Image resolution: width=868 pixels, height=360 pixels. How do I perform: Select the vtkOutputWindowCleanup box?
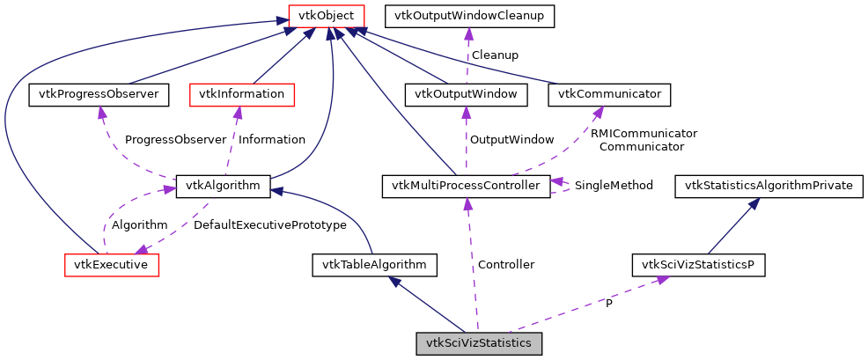[468, 15]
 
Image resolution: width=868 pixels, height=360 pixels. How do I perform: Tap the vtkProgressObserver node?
[99, 93]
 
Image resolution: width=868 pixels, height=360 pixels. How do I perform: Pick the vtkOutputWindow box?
[465, 93]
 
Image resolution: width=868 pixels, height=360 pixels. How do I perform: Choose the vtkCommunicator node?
[610, 93]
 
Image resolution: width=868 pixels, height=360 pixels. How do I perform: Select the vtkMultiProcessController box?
[466, 185]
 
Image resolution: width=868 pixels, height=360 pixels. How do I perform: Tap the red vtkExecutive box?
[112, 264]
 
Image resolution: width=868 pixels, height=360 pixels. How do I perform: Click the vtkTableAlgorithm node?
[374, 264]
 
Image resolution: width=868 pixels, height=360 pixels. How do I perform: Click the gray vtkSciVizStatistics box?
[478, 343]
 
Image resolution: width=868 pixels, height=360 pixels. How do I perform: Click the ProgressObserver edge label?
[175, 139]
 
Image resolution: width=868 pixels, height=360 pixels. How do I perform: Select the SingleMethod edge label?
[614, 185]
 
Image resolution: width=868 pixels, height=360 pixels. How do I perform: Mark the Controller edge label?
[505, 264]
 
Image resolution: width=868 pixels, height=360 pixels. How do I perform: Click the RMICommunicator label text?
[644, 133]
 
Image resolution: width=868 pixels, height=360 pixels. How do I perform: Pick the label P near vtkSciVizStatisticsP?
[608, 304]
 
